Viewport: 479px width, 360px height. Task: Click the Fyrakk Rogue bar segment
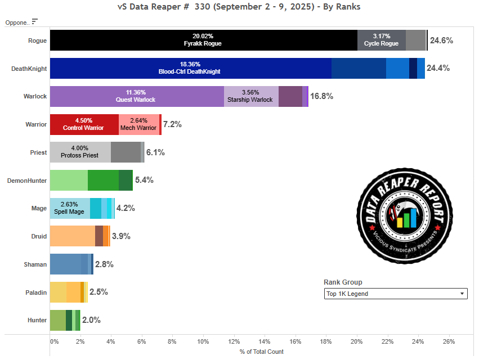pyautogui.click(x=203, y=40)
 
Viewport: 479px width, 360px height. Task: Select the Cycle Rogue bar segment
pyautogui.click(x=381, y=40)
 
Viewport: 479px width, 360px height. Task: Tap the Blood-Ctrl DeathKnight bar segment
pyautogui.click(x=190, y=68)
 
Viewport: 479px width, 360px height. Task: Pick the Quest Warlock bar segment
pyautogui.click(x=137, y=96)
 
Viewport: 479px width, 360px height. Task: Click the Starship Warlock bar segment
pyautogui.click(x=251, y=96)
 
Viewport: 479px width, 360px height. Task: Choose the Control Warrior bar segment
pyautogui.click(x=84, y=124)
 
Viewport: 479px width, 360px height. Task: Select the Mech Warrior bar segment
pyautogui.click(x=139, y=124)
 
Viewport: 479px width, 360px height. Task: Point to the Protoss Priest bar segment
pyautogui.click(x=80, y=152)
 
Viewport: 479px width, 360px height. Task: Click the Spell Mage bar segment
pyautogui.click(x=69, y=208)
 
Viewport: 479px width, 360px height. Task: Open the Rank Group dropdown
pyautogui.click(x=396, y=294)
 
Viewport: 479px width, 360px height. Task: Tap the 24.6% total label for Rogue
pyautogui.click(x=441, y=40)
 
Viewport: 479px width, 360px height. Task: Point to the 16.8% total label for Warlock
pyautogui.click(x=321, y=96)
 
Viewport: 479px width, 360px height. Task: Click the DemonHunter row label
pyautogui.click(x=26, y=181)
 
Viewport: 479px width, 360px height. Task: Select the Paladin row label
pyautogui.click(x=35, y=292)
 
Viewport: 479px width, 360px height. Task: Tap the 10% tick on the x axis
pyautogui.click(x=203, y=341)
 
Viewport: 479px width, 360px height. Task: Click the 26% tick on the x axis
pyautogui.click(x=449, y=341)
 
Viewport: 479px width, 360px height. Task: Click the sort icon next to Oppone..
pyautogui.click(x=35, y=21)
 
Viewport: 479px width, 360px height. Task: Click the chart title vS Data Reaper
pyautogui.click(x=239, y=7)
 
